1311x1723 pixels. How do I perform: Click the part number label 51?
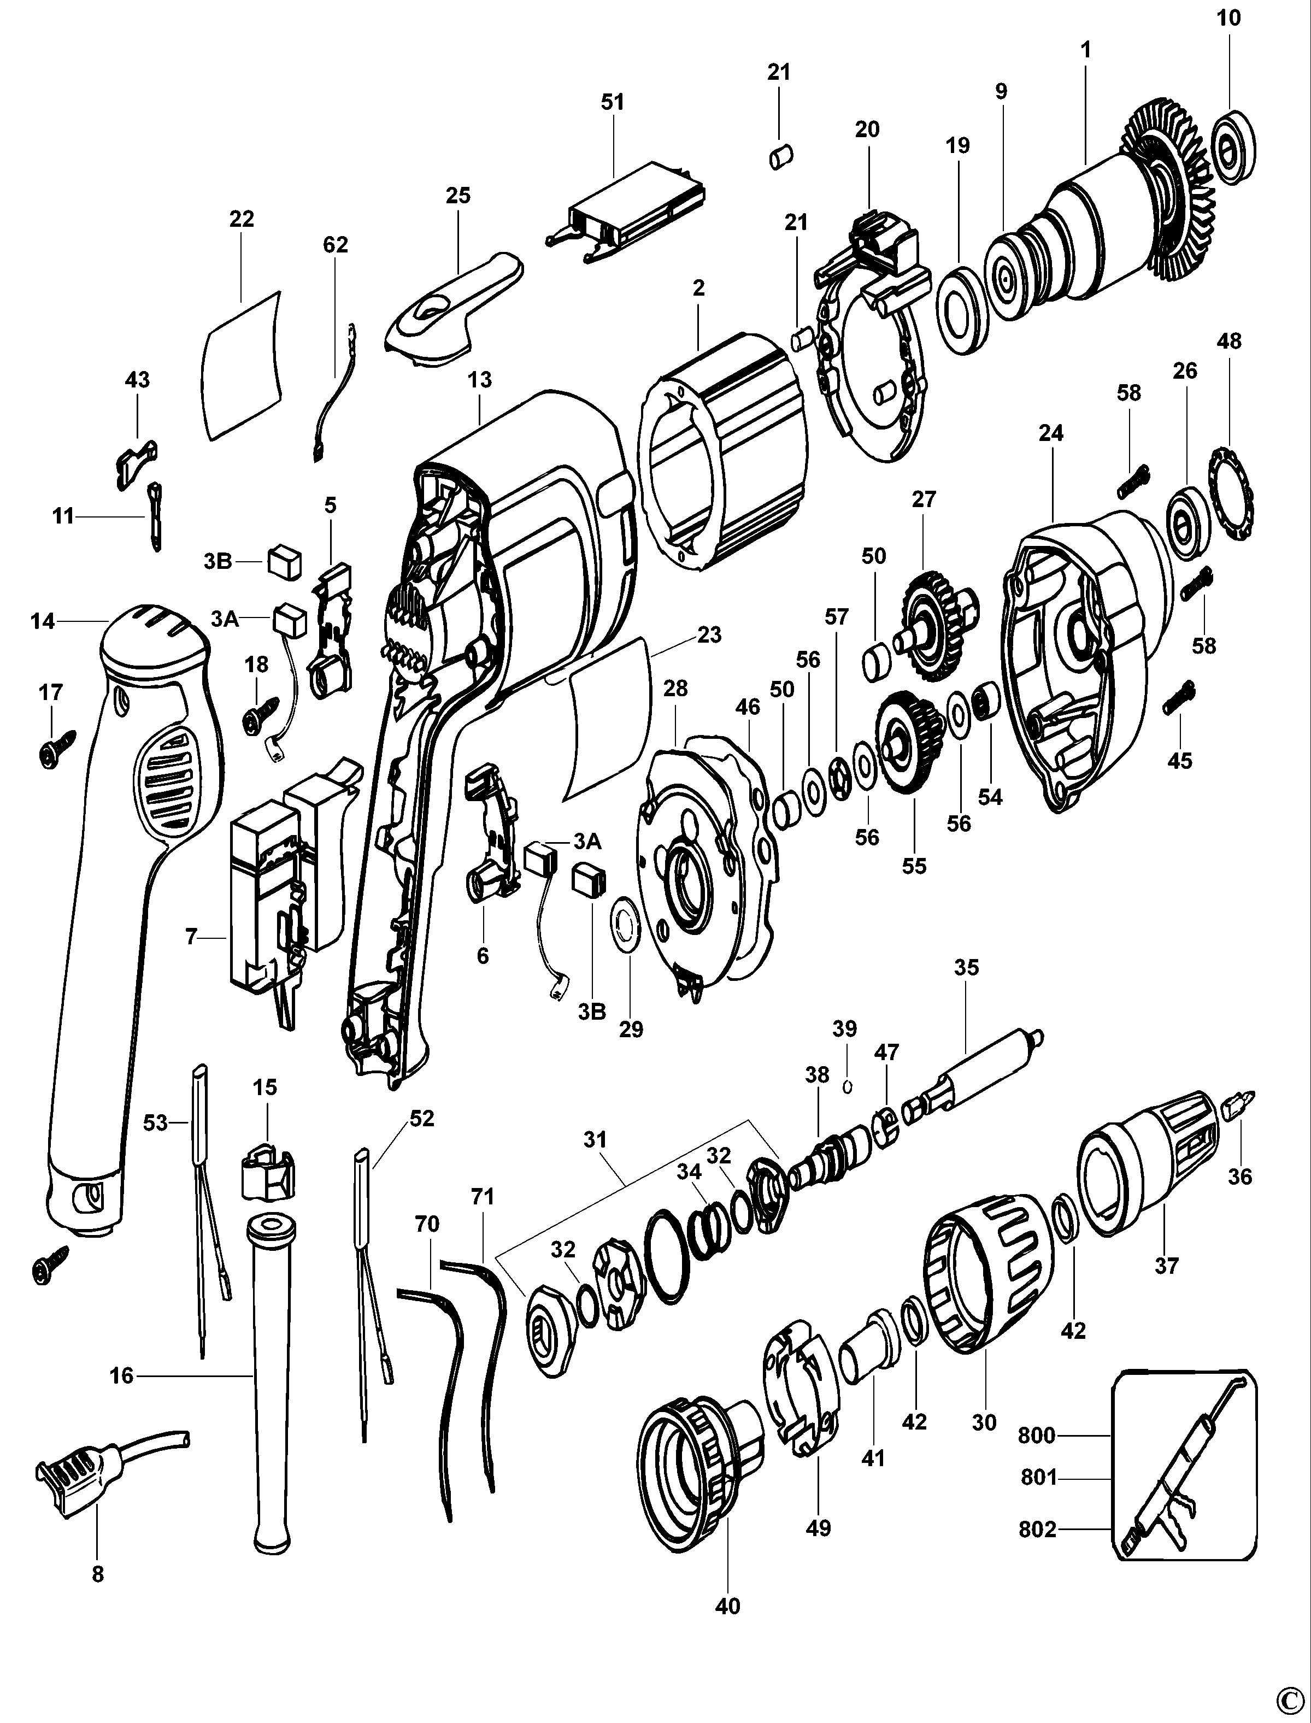tap(613, 102)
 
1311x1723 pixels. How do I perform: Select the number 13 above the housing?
tap(480, 380)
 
